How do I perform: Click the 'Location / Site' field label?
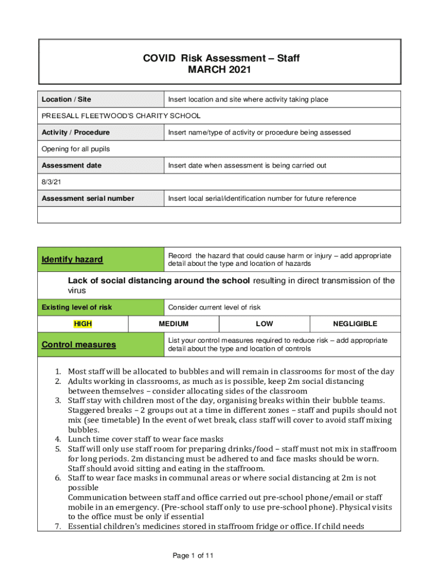[x=66, y=100]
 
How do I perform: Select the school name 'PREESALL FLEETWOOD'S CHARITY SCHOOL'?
[x=121, y=116]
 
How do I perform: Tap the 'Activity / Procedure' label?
[x=76, y=132]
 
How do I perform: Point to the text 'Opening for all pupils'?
[x=76, y=149]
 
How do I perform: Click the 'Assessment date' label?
[x=72, y=166]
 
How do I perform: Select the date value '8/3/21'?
[x=51, y=182]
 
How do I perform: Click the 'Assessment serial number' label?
[x=88, y=198]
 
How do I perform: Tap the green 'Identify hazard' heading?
[x=72, y=260]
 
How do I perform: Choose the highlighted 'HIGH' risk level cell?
[x=83, y=324]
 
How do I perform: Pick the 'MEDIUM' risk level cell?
[x=173, y=324]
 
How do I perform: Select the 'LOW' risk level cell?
[x=264, y=324]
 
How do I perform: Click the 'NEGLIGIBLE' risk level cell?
[x=355, y=324]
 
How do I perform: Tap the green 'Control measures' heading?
[x=79, y=344]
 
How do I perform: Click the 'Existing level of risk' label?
[x=77, y=308]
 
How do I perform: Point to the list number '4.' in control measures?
[x=58, y=439]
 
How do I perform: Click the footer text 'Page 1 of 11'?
[x=194, y=556]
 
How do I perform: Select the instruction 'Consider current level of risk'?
[x=214, y=308]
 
